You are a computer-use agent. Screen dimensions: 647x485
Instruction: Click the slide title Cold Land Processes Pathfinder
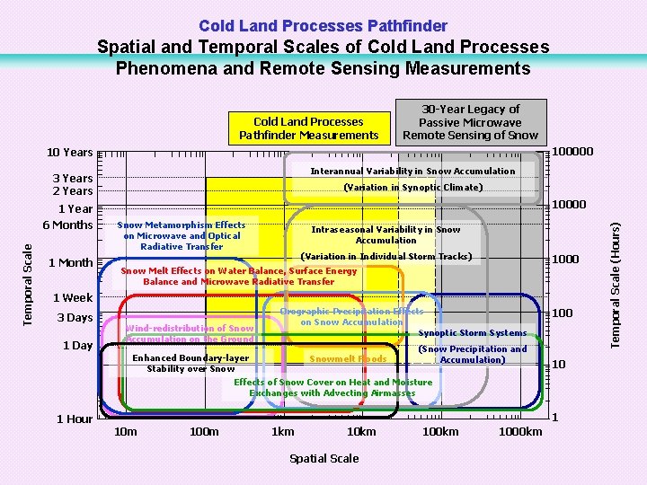coord(323,26)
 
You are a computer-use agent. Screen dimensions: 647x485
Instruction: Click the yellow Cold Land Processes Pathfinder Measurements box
coord(308,128)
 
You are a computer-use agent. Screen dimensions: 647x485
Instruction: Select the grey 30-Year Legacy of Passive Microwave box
coord(470,122)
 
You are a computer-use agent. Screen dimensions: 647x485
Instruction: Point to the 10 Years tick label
coord(69,152)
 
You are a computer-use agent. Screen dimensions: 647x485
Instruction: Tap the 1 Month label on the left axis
coord(70,263)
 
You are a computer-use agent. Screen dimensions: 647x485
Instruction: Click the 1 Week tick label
coord(72,297)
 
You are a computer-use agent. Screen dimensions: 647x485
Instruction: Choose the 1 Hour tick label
coord(75,419)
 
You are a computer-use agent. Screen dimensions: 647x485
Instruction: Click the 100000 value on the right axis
coord(572,151)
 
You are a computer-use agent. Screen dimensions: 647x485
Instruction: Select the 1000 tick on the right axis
coord(565,260)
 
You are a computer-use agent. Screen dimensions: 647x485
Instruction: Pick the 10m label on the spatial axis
coord(127,432)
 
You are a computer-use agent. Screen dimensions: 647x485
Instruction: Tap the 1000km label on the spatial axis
coord(519,432)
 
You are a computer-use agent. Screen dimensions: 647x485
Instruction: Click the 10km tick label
coord(361,432)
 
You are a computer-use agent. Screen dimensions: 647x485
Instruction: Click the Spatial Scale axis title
coord(323,458)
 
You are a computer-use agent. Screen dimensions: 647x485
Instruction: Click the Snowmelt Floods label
coord(348,359)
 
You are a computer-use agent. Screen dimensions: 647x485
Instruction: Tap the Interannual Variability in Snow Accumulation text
coord(412,171)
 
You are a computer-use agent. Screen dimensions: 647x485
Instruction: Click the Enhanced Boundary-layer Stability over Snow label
coord(191,363)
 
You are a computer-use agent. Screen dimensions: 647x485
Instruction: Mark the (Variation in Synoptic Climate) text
coord(412,188)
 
